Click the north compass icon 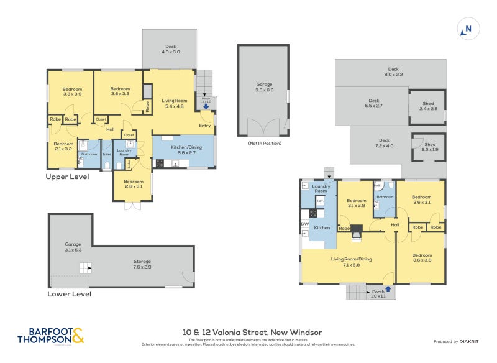[x=468, y=29]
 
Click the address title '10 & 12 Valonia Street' [x=252, y=333]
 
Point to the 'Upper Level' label [x=67, y=177]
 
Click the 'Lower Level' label [x=69, y=294]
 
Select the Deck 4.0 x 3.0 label [x=170, y=49]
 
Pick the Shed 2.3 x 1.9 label [x=429, y=147]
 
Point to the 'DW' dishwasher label [x=304, y=224]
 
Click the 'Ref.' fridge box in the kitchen [x=321, y=201]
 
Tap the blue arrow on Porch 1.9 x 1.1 [x=388, y=288]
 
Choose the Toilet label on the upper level [x=106, y=154]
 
